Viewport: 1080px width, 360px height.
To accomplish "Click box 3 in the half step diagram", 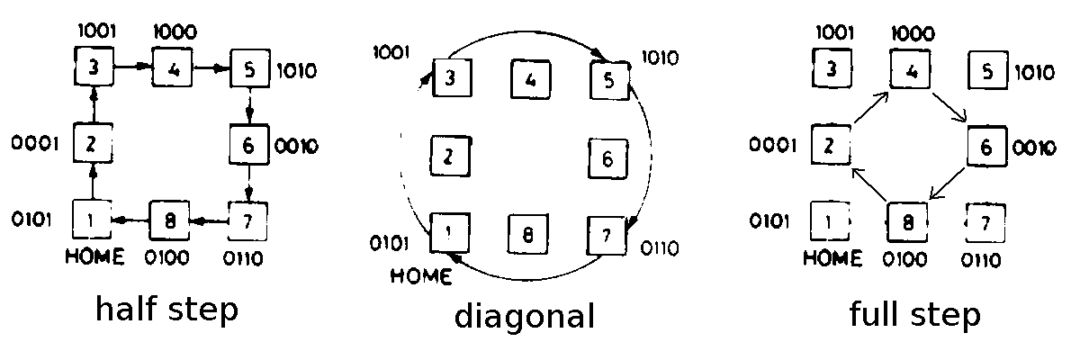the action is (93, 67).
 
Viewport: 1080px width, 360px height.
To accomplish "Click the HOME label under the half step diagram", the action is (94, 256).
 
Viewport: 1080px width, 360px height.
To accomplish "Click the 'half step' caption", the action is (166, 310).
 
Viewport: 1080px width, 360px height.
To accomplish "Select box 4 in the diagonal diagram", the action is (530, 79).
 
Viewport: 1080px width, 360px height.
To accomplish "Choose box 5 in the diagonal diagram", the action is (608, 79).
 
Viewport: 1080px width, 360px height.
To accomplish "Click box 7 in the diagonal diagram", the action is (607, 236).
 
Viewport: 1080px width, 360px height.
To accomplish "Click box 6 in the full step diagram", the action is (987, 147).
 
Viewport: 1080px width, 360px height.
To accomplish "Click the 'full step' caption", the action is (914, 316).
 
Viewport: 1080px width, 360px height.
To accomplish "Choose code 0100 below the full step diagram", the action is (909, 260).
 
